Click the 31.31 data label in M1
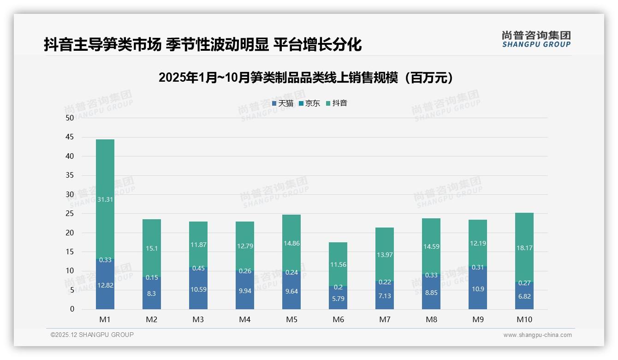105,199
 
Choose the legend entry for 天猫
283,103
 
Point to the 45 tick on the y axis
70,137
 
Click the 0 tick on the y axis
72,309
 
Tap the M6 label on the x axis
338,319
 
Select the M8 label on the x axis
431,319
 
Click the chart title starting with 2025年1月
306,78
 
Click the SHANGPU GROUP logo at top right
536,39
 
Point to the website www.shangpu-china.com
537,335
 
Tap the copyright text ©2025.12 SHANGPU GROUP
92,335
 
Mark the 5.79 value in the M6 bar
338,298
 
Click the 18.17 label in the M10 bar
524,248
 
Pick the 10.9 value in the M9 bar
478,288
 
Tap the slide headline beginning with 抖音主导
203,45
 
